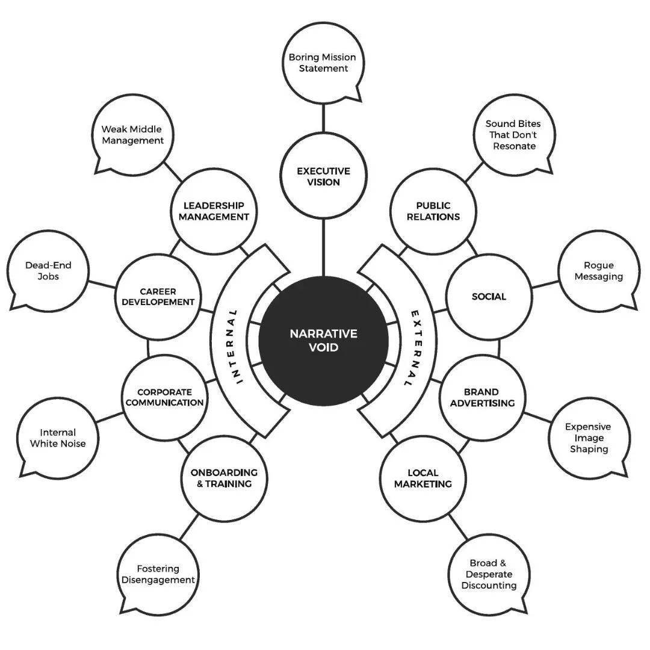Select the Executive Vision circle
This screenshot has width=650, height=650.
click(x=323, y=176)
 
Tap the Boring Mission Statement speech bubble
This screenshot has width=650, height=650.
click(x=322, y=63)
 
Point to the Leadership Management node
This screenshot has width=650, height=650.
click(x=214, y=211)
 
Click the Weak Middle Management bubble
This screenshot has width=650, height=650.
click(x=132, y=135)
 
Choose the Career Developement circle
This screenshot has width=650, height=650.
click(x=158, y=296)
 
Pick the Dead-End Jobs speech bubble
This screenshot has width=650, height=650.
click(x=48, y=271)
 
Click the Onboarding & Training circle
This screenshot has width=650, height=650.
click(x=224, y=478)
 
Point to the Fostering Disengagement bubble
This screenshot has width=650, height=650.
click(x=158, y=574)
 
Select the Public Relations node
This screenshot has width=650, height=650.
click(x=433, y=211)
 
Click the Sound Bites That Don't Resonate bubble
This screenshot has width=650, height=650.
click(x=513, y=135)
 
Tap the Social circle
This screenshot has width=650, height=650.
click(x=489, y=296)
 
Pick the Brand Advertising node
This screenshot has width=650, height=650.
click(x=482, y=397)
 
